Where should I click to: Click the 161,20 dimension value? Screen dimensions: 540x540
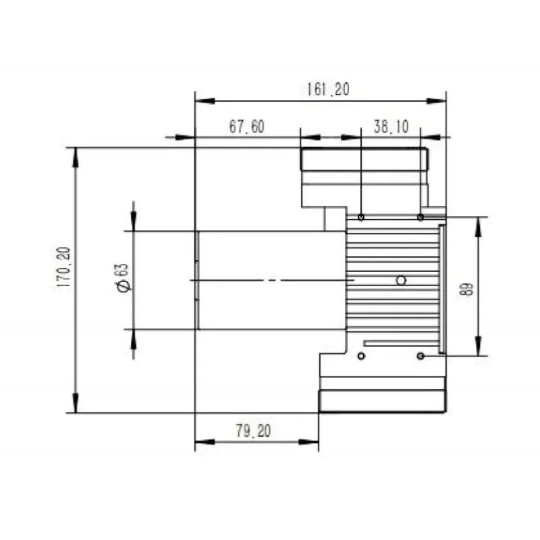(327, 89)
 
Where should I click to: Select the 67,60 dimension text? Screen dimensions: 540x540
(246, 126)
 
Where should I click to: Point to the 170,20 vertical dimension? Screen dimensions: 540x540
(63, 267)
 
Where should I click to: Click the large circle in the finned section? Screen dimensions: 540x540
(401, 280)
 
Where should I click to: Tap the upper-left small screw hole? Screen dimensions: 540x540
(362, 217)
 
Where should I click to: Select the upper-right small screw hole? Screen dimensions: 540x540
(421, 217)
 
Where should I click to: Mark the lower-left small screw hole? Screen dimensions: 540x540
(362, 355)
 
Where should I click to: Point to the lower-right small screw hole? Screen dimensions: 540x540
(421, 355)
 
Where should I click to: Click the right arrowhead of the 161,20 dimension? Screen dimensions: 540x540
(438, 101)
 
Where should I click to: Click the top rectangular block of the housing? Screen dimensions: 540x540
(364, 159)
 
